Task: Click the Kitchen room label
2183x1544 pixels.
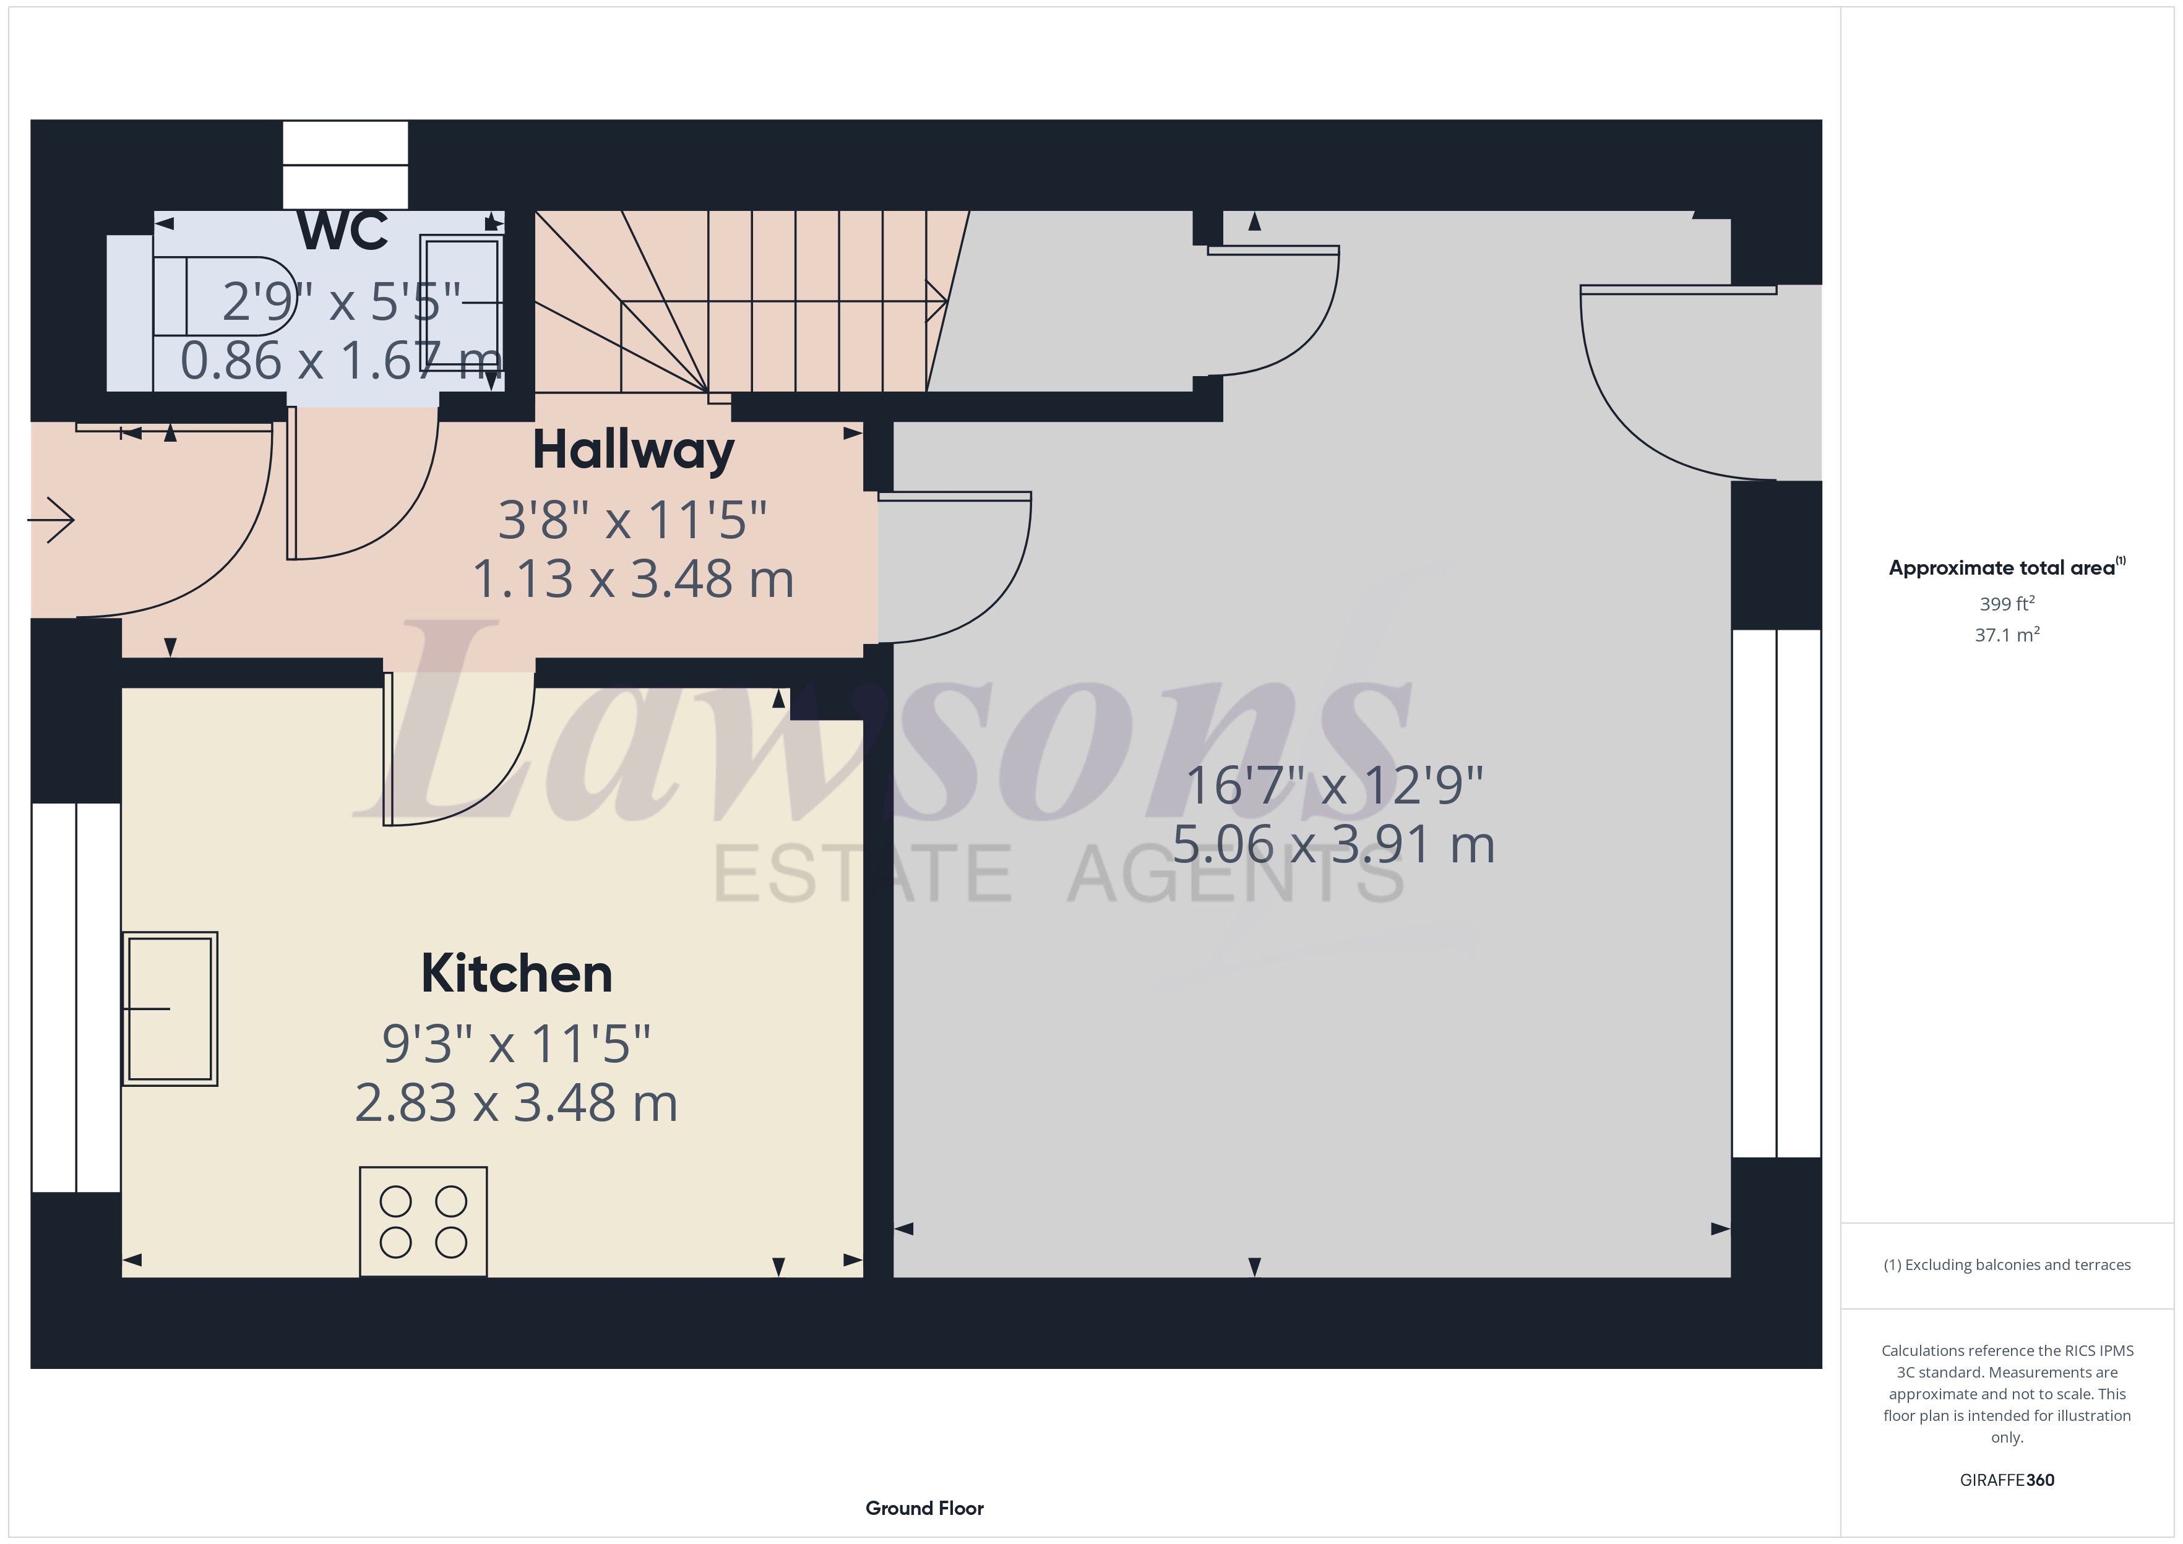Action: click(516, 974)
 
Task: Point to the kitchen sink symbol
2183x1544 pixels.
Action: click(170, 1008)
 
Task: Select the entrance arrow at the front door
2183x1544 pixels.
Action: click(53, 520)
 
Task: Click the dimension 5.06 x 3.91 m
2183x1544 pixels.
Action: click(1333, 844)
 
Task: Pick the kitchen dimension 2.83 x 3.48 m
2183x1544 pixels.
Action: click(516, 1103)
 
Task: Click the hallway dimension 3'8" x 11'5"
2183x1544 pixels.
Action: click(632, 520)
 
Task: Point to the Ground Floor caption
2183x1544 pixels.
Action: click(924, 1508)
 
